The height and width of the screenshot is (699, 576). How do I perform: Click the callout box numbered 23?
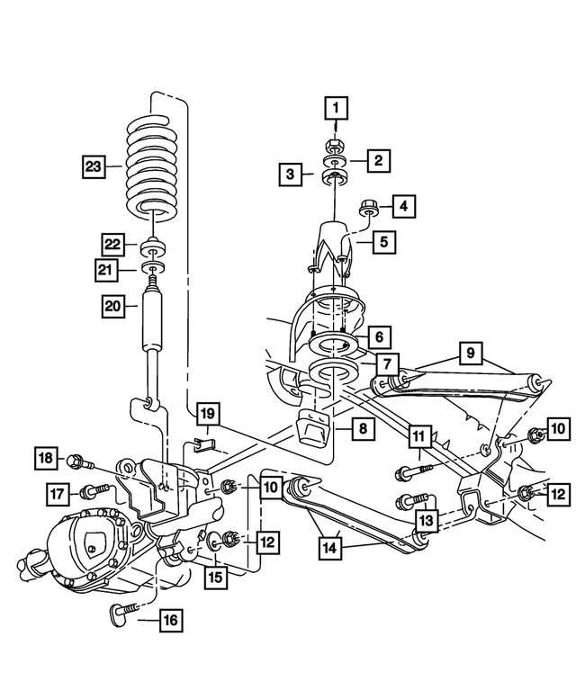tap(93, 166)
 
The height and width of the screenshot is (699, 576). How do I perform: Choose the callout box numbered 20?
tap(112, 306)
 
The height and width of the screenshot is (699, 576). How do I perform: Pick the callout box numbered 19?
tap(208, 415)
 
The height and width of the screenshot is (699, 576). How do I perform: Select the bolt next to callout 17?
tap(95, 490)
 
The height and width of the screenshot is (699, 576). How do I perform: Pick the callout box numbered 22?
tap(112, 244)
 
